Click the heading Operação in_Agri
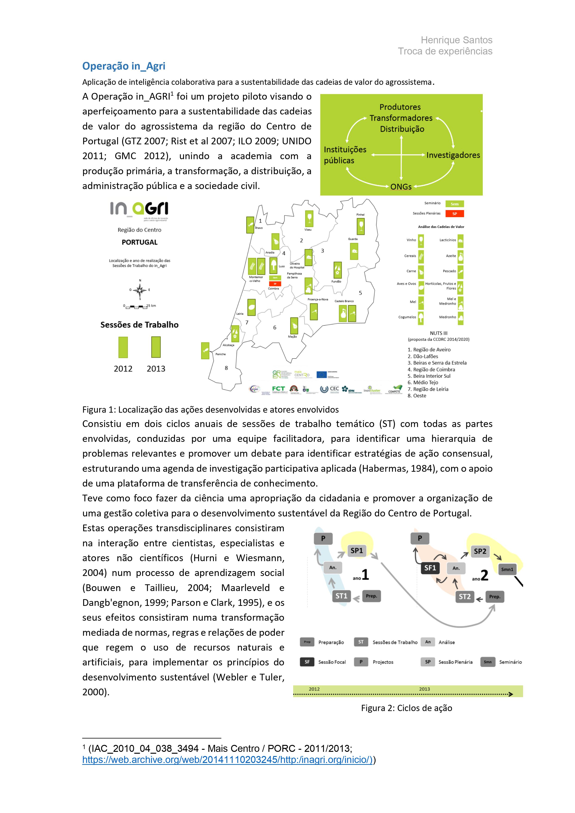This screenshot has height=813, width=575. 124,66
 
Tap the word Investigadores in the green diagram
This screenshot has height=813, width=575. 453,155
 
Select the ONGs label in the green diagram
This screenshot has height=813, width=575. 401,187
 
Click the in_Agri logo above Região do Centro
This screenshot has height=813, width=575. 139,210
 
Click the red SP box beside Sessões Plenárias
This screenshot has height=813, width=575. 454,214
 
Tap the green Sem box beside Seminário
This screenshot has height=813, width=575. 454,204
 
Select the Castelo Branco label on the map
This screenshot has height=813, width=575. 344,301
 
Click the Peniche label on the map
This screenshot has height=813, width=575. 220,354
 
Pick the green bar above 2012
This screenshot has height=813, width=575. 123,347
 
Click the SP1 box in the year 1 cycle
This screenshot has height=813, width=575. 356,551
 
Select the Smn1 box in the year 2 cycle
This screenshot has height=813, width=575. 507,569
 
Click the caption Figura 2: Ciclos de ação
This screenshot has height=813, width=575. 406,708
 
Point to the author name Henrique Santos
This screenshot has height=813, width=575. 456,40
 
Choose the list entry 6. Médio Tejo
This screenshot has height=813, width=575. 423,383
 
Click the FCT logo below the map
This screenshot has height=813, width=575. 278,389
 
